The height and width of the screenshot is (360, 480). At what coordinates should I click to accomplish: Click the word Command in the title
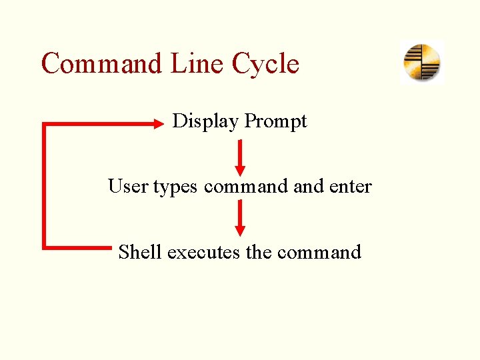(x=102, y=64)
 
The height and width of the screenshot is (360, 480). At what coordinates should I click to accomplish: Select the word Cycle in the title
(x=265, y=65)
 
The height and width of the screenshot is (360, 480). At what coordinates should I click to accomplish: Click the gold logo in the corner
(x=422, y=63)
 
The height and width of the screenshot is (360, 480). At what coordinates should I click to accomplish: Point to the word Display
(x=205, y=121)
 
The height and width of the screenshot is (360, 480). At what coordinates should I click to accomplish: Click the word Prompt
(x=275, y=122)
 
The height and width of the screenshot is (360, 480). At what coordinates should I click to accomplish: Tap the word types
(x=175, y=187)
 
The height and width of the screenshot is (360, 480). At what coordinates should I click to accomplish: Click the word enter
(x=351, y=186)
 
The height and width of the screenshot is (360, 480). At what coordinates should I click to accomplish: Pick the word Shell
(x=140, y=252)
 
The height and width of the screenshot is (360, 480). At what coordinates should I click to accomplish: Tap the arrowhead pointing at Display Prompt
(x=160, y=123)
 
